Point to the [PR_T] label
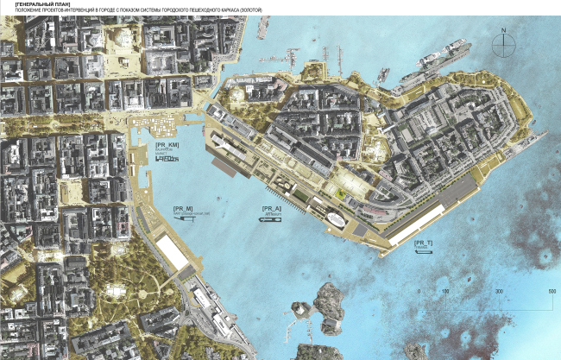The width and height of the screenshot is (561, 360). click(423, 243)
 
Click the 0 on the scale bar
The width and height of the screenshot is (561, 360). click(419, 293)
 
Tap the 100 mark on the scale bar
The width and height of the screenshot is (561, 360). click(445, 293)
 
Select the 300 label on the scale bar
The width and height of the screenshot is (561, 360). click(499, 293)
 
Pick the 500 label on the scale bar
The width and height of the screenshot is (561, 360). click(552, 293)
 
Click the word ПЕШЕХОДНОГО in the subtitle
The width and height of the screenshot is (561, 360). click(211, 10)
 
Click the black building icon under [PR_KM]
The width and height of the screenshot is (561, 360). click(168, 160)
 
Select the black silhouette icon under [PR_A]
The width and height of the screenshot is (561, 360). click(269, 222)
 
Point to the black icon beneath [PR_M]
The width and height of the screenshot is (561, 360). click(183, 220)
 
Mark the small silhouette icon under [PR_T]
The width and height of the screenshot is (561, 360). click(423, 254)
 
